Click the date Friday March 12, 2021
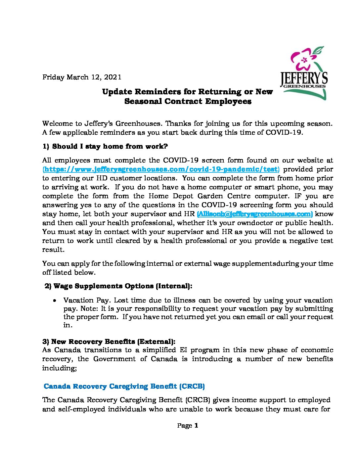(x=82, y=77)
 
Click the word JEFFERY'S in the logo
(x=304, y=78)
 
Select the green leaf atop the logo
(x=319, y=50)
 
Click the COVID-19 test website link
(x=161, y=169)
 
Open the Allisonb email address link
(x=255, y=214)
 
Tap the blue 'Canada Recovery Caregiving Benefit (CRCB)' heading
(x=124, y=386)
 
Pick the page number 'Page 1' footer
(x=188, y=426)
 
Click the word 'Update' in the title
(x=117, y=92)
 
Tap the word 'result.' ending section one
(x=53, y=250)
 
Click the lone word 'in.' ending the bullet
(x=67, y=325)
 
